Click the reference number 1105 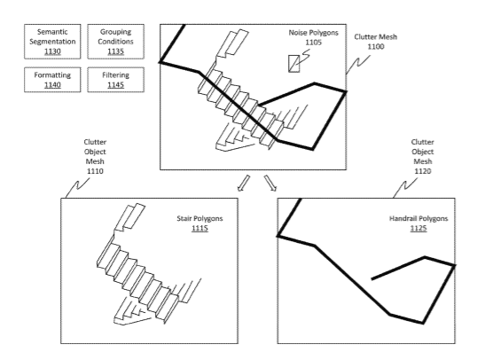click(313, 43)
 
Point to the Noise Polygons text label click(313, 33)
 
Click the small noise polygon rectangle click(293, 64)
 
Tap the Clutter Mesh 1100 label click(376, 42)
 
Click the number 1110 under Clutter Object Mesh click(95, 171)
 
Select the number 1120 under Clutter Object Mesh click(423, 171)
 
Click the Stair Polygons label click(199, 219)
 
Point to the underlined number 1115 click(199, 228)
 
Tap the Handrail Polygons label click(419, 219)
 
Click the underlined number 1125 click(419, 228)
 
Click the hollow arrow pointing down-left click(243, 183)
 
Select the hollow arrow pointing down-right click(270, 183)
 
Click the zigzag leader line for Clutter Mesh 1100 click(358, 65)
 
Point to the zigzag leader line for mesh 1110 click(77, 188)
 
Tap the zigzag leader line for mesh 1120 click(405, 188)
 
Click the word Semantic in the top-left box click(52, 32)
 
